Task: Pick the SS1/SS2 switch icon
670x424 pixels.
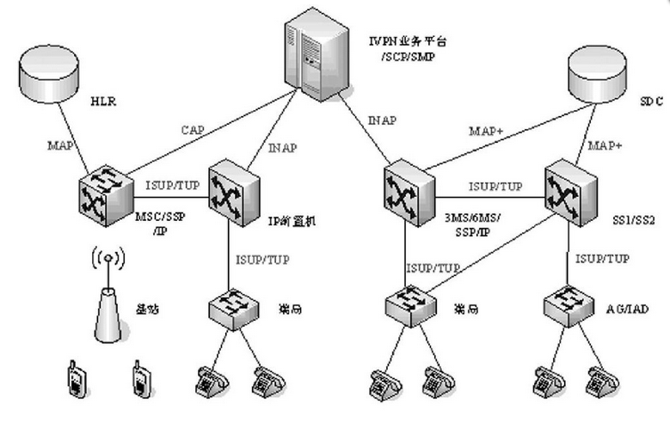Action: [x=568, y=189]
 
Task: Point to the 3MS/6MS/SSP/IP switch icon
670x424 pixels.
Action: [x=407, y=191]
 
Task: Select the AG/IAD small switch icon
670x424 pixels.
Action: [x=568, y=304]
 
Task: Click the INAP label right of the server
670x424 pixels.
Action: [x=380, y=120]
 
